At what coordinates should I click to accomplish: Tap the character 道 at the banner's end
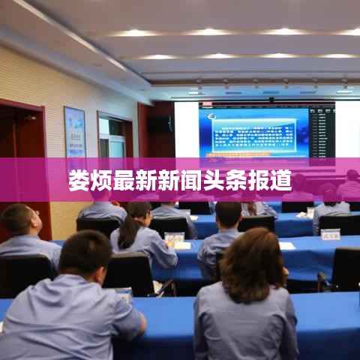[281, 181]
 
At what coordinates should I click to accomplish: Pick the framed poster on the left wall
[74, 131]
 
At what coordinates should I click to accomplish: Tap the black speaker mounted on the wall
[159, 124]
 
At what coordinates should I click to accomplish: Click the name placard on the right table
[330, 234]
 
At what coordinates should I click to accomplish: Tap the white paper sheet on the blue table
[286, 245]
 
